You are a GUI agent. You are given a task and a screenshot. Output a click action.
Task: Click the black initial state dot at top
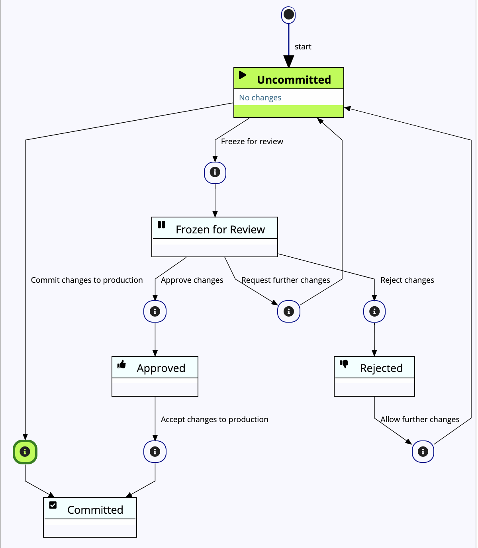(288, 15)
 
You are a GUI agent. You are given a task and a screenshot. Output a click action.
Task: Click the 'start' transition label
(303, 47)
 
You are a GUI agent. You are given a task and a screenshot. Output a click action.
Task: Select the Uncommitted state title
(294, 80)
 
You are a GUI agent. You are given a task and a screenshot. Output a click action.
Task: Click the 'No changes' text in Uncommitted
(260, 98)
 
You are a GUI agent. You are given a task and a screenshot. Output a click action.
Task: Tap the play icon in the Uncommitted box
(243, 75)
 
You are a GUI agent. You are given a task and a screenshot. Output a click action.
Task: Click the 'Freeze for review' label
(252, 141)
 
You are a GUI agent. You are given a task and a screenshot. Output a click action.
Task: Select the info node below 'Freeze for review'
(215, 172)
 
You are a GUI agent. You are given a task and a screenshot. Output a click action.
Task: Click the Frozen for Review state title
(220, 230)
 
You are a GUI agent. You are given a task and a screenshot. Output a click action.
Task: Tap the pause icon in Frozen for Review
(161, 225)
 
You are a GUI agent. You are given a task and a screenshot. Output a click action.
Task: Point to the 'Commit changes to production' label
(87, 280)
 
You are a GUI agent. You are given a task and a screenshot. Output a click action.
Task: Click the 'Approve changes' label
(192, 280)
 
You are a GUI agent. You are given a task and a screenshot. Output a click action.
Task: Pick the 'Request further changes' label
(286, 280)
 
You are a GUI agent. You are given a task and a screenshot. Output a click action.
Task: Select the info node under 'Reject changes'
(374, 311)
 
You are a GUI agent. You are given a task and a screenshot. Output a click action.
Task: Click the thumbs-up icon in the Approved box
(122, 364)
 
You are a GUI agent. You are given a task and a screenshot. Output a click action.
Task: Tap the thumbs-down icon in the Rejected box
(344, 364)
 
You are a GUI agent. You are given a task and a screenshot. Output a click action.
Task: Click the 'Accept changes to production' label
(214, 419)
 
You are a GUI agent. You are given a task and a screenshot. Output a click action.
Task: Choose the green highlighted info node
(25, 452)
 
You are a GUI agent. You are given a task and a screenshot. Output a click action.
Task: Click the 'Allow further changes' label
(420, 419)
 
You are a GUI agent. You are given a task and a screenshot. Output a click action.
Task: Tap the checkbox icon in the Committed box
(53, 505)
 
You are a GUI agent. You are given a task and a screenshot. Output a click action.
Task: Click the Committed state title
(95, 510)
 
